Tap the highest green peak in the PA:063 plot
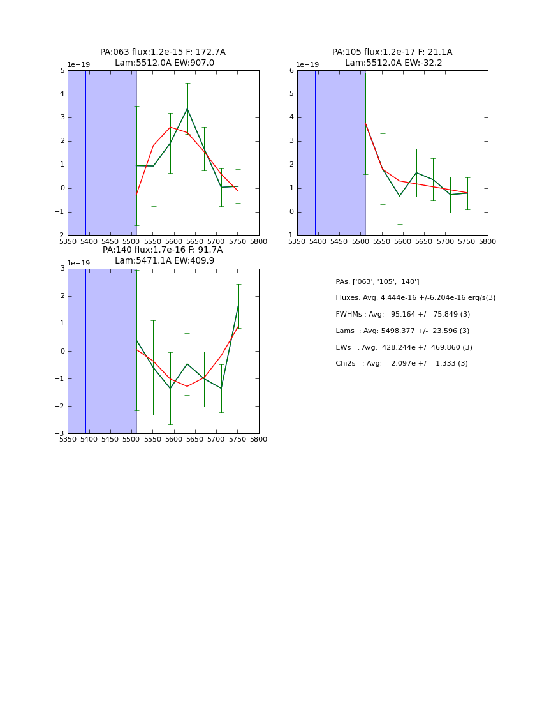[x=187, y=108]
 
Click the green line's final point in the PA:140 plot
[x=238, y=305]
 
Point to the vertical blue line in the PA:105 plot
[x=315, y=153]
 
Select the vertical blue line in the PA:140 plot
[x=85, y=351]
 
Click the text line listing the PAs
[x=377, y=281]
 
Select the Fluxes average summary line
[x=415, y=298]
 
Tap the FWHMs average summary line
[x=402, y=314]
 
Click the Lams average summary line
[x=402, y=331]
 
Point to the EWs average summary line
[x=404, y=347]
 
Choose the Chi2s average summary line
[x=401, y=363]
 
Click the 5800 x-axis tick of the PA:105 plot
[x=488, y=241]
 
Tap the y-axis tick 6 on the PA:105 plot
[x=291, y=70]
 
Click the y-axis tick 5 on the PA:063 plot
[x=62, y=70]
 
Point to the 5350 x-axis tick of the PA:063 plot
[x=68, y=241]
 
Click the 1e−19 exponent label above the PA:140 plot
[x=78, y=263]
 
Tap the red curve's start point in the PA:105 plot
[x=365, y=123]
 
